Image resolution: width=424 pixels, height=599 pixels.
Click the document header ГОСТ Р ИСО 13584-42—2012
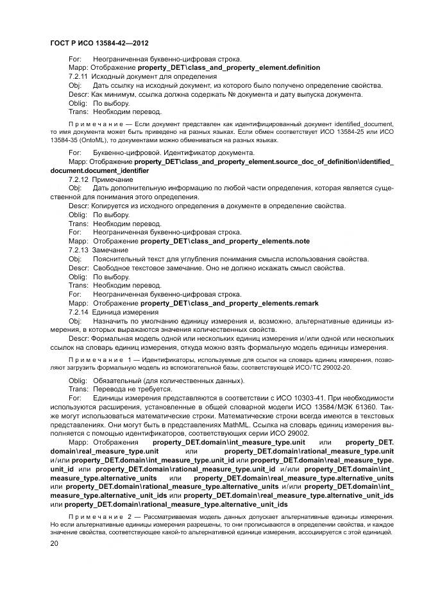click(99, 43)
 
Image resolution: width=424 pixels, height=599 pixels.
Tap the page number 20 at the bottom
click(55, 543)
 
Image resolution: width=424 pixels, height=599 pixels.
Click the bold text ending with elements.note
click(225, 242)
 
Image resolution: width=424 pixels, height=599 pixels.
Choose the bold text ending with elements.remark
click(229, 303)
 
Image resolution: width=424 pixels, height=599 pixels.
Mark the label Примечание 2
click(95, 516)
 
